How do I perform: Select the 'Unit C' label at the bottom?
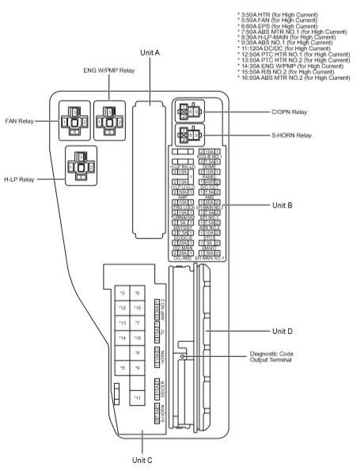pyautogui.click(x=141, y=460)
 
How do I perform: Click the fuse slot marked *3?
pyautogui.click(x=123, y=293)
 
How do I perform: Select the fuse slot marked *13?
pyautogui.click(x=123, y=323)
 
